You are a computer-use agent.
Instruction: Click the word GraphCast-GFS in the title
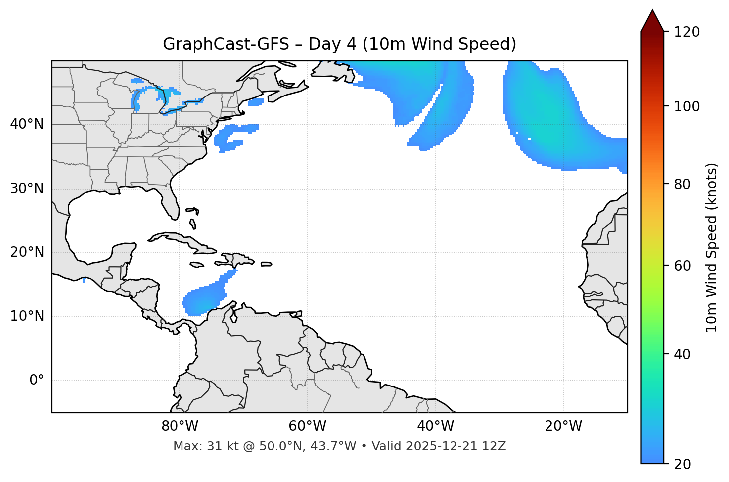226,44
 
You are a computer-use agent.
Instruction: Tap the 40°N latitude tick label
27,124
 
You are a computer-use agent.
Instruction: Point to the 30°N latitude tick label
27,189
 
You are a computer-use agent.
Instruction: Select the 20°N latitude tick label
27,252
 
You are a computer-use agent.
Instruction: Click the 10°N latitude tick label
27,316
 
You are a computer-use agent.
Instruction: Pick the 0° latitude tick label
37,381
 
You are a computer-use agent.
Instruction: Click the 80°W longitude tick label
180,426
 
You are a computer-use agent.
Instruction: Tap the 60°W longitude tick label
307,426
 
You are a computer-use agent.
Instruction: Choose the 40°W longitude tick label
435,426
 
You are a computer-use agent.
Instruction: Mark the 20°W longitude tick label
563,426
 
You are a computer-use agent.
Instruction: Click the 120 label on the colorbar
686,32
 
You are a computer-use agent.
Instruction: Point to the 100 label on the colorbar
686,106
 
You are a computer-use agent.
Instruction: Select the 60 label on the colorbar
682,266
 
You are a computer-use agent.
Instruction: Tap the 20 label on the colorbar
682,464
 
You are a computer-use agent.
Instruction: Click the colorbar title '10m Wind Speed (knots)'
712,247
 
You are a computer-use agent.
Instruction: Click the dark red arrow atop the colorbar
652,21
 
